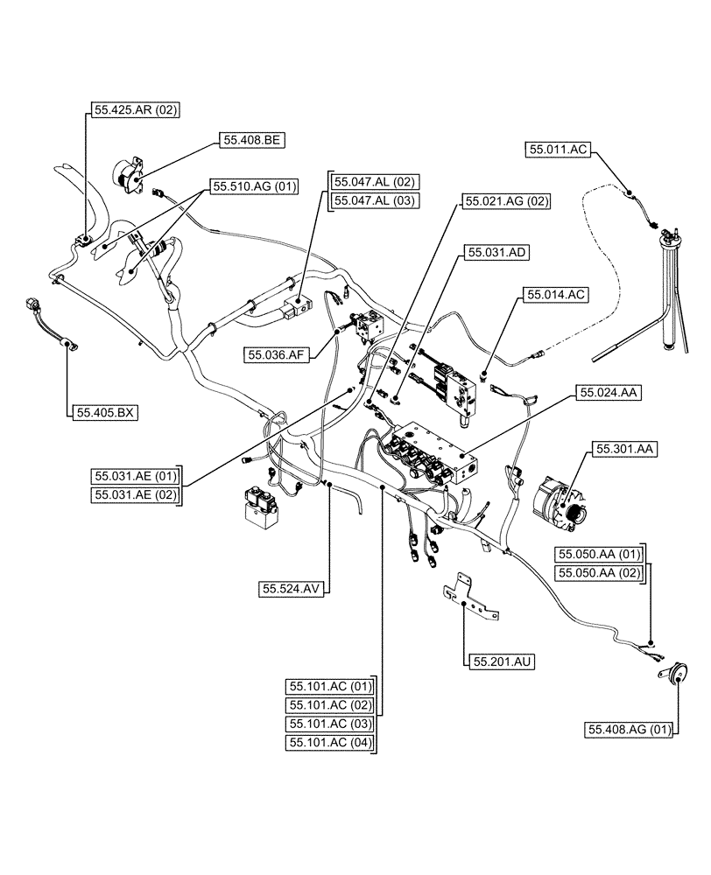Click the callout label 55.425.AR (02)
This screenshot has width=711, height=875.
[136, 110]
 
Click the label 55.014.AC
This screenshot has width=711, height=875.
[554, 296]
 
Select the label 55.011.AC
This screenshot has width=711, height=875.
[557, 150]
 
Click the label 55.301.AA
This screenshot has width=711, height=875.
[626, 449]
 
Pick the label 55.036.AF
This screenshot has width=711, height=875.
[278, 354]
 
